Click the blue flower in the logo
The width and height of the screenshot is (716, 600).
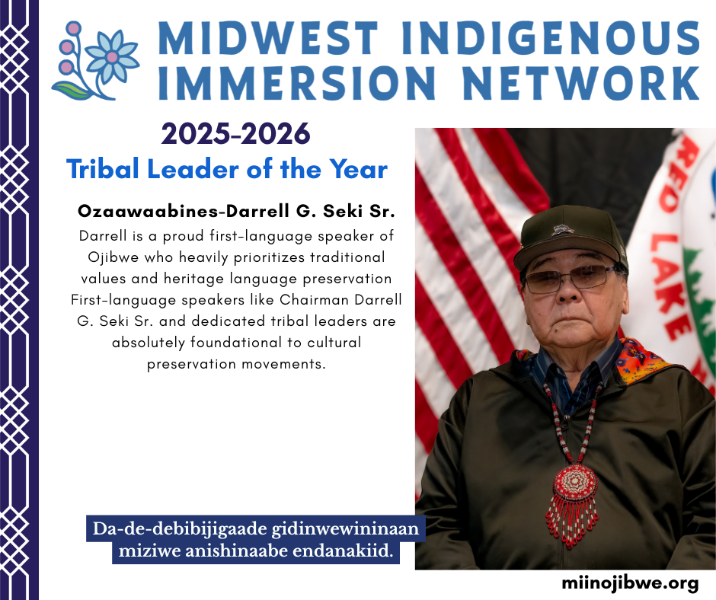coord(112,56)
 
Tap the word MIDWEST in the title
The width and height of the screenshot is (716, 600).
coord(268,37)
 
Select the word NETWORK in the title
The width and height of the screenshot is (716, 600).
coord(581,83)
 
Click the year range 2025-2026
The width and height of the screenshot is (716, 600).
coord(235,134)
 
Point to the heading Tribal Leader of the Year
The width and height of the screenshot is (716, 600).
coord(227,169)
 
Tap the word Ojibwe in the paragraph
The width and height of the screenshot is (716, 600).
coord(113,257)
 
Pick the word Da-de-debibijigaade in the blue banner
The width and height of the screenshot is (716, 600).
coord(180,528)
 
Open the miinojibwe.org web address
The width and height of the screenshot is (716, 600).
coord(630,582)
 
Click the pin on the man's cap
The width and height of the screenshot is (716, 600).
coord(562,229)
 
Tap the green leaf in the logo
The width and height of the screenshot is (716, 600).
coord(70,91)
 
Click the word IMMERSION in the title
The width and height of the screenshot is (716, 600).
coord(297,83)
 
